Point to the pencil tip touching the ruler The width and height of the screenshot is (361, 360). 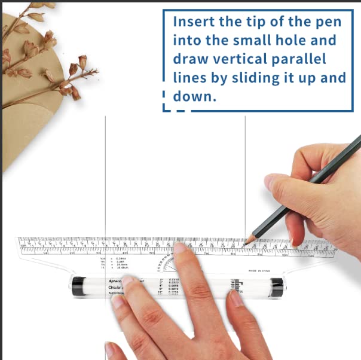[x=252, y=239]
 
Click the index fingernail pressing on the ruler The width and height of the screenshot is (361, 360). [x=179, y=247]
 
